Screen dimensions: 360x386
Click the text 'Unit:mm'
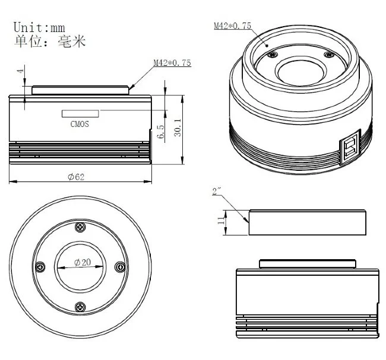(x=39, y=27)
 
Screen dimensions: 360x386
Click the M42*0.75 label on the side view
(x=172, y=63)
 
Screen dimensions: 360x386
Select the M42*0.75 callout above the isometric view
(x=233, y=26)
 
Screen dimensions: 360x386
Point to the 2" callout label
(x=217, y=192)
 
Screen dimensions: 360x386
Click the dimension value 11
(x=220, y=221)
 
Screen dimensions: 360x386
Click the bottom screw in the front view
(x=80, y=306)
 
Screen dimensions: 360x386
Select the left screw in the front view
(x=40, y=266)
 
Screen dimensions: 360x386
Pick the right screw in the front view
(x=120, y=266)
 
